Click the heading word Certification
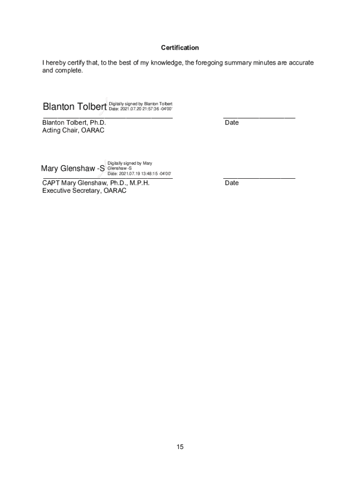tap(180, 48)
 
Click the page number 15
tap(180, 447)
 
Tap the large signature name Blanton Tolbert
tap(74, 107)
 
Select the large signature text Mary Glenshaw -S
tap(73, 168)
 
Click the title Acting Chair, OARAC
tap(73, 131)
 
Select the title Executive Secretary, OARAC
tap(84, 191)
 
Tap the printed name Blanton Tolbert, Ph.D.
tap(74, 123)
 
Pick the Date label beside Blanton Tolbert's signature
tap(231, 123)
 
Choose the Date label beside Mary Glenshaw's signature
tap(231, 183)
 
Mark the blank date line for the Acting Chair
tap(259, 117)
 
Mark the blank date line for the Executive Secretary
tap(259, 178)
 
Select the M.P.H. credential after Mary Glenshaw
tap(139, 183)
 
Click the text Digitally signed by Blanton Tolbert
tap(141, 103)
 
